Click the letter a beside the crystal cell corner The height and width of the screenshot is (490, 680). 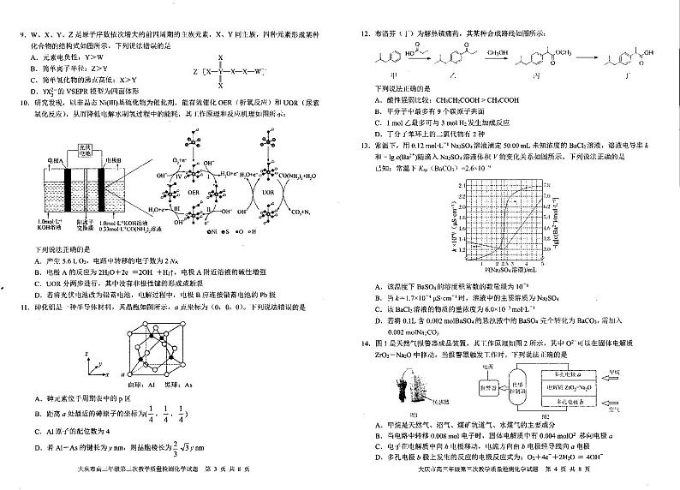(x=122, y=374)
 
